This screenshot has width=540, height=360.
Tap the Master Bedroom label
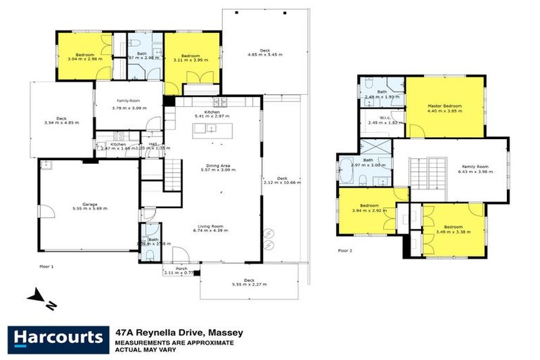coord(444,107)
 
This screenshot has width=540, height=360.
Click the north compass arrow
coord(40,298)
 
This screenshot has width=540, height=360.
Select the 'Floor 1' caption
coord(46,266)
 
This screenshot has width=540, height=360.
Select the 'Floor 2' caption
coord(345,250)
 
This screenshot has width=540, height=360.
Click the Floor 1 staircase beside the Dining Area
coord(172,174)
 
